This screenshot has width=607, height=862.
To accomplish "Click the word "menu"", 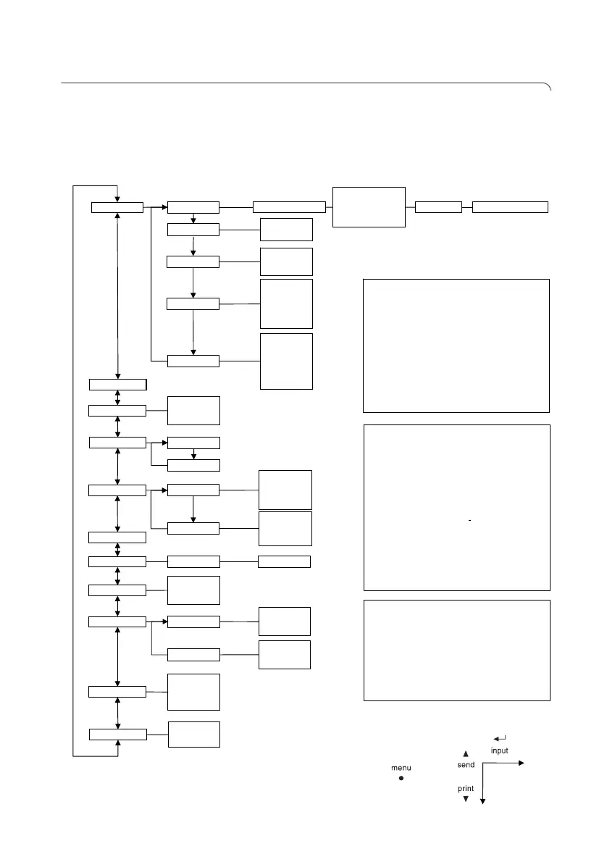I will [401, 768].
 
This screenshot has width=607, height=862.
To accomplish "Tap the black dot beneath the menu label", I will [401, 779].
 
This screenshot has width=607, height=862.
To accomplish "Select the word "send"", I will [466, 764].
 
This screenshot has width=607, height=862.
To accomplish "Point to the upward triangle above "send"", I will [466, 754].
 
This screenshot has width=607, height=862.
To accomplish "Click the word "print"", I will [466, 789].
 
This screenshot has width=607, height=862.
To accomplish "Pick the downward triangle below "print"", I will [466, 800].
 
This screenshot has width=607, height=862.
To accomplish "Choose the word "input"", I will [500, 750].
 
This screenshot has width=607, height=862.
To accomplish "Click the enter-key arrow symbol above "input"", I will [499, 738].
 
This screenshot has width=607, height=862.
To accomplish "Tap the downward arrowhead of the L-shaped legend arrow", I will [482, 800].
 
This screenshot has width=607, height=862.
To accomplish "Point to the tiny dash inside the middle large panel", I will [471, 521].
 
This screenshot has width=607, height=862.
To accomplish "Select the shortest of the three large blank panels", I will [456, 650].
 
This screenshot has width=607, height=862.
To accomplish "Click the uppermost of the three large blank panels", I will [456, 345].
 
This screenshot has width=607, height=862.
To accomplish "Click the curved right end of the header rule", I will [548, 88].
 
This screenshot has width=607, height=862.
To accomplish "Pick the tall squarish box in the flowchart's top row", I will [368, 206].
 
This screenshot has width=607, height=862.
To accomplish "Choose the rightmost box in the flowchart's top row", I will [510, 206].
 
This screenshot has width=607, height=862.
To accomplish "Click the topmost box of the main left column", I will [117, 208].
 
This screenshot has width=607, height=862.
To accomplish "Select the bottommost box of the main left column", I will [117, 735].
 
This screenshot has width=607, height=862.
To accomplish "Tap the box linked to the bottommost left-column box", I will [193, 734].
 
